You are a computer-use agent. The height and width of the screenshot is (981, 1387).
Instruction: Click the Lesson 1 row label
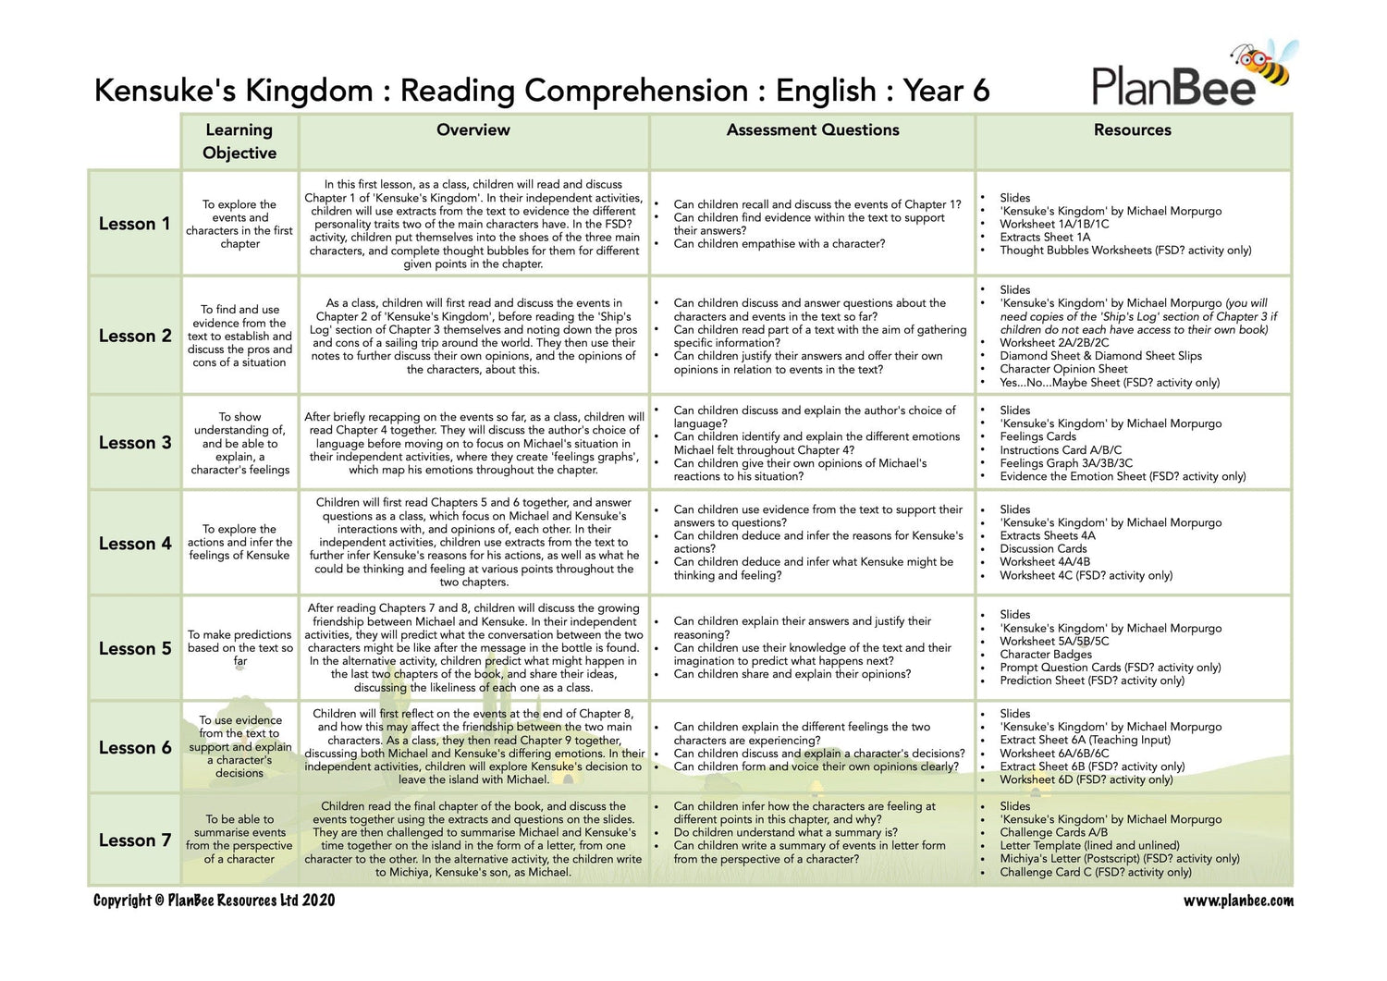[135, 224]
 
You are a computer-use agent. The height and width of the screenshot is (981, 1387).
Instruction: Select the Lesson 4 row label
[135, 544]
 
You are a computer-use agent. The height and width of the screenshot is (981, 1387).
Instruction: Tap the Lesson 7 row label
[135, 840]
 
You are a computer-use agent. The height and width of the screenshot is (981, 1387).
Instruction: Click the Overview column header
[473, 130]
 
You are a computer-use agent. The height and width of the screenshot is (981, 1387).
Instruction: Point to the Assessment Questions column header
[813, 130]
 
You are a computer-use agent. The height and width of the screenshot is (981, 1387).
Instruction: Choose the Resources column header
[1132, 130]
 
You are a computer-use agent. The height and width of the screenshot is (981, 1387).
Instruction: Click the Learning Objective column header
[239, 141]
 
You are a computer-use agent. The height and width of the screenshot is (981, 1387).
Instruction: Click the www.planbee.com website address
[1238, 901]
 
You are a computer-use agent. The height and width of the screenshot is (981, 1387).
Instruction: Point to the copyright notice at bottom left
[214, 901]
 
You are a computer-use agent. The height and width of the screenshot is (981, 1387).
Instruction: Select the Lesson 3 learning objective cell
[239, 444]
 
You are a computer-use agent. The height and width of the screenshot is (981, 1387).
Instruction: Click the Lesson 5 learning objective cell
[239, 647]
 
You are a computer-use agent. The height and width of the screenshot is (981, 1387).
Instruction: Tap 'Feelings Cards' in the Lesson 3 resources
[1037, 436]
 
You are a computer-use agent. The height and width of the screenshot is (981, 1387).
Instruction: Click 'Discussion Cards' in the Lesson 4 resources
[1043, 548]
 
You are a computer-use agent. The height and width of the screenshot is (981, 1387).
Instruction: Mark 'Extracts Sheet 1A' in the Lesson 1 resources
[1045, 237]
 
